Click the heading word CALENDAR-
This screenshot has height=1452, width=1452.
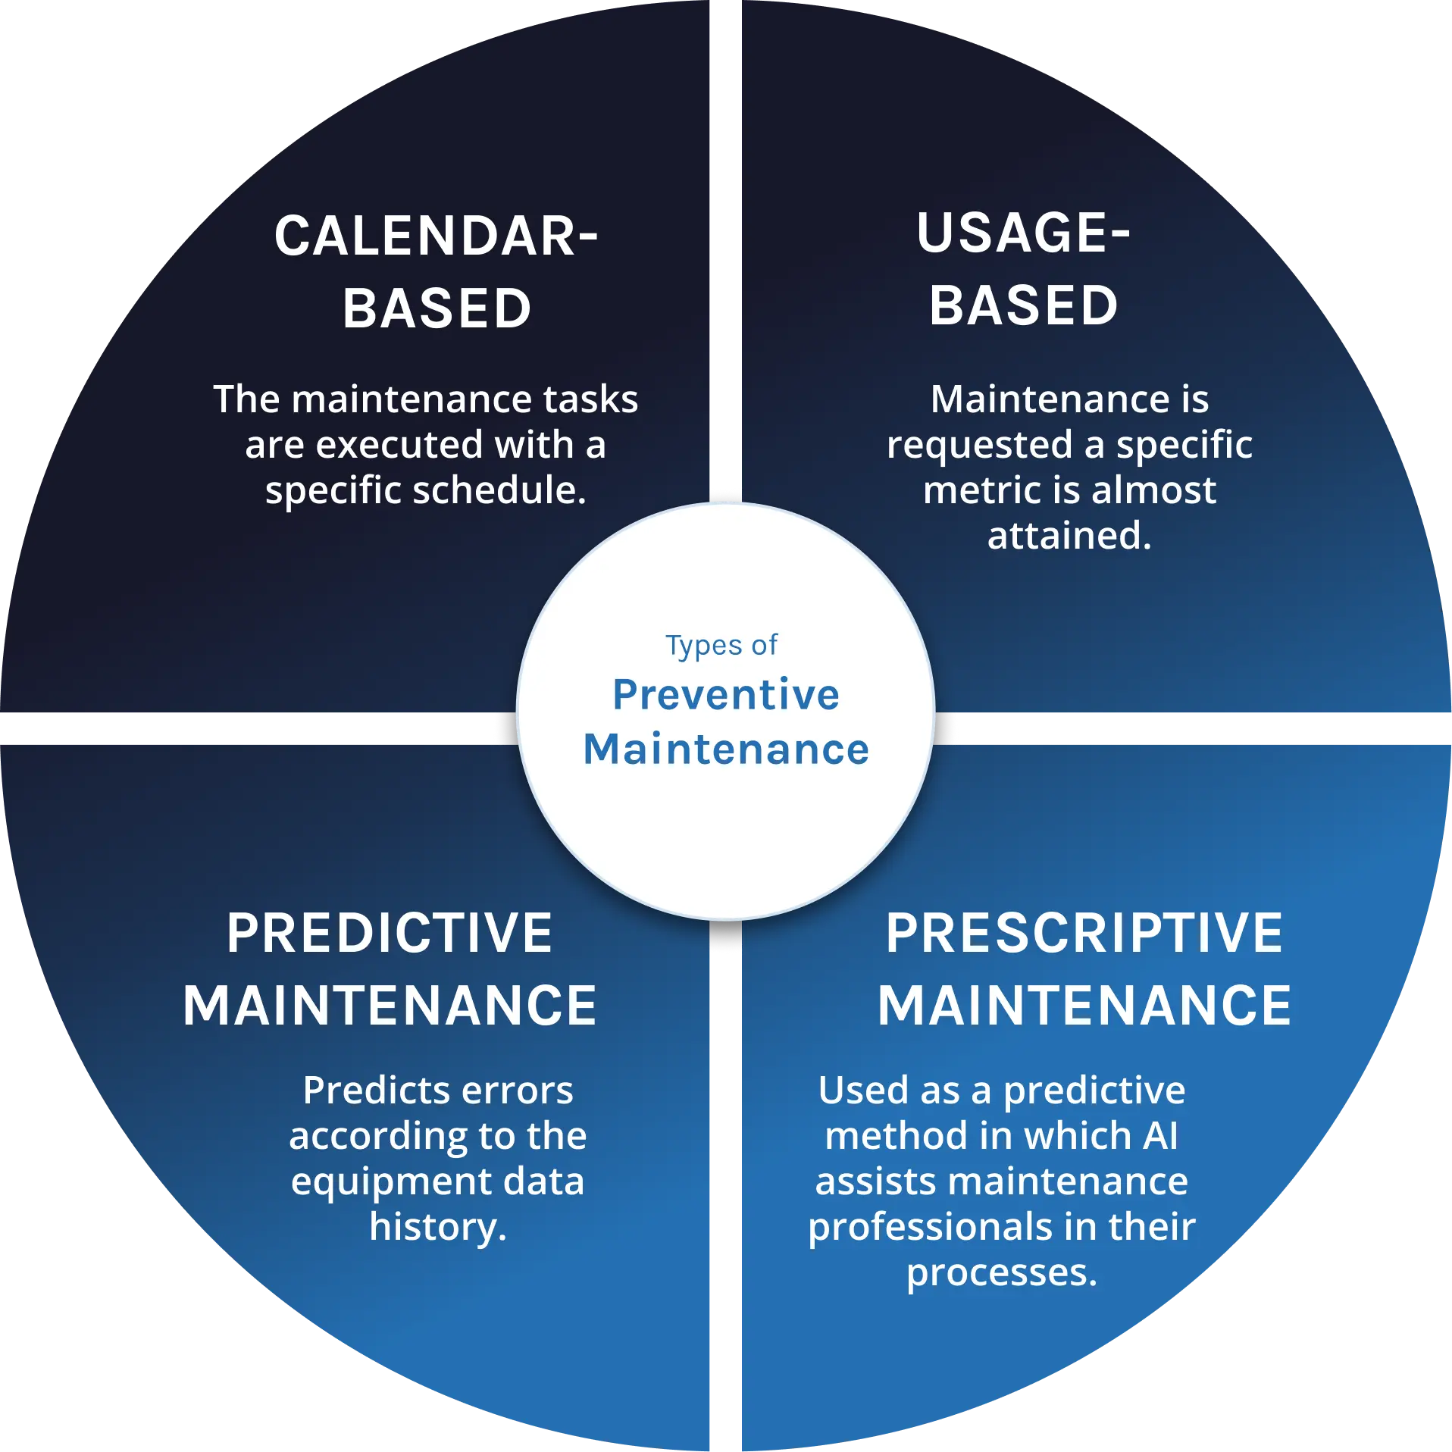[437, 236]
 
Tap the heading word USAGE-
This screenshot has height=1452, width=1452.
[1023, 233]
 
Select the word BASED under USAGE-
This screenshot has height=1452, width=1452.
[1024, 306]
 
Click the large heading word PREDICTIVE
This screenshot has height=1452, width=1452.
[390, 933]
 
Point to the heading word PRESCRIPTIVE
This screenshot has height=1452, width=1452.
[1084, 933]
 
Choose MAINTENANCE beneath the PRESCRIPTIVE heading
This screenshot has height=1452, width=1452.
[1084, 1006]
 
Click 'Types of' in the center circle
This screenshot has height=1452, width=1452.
[721, 646]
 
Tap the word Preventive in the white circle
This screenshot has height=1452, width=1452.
[726, 695]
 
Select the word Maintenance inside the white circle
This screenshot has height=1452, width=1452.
[726, 749]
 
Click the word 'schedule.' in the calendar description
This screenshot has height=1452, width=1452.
[500, 490]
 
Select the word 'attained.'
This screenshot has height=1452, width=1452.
[1069, 536]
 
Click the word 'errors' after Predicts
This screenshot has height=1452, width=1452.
[518, 1091]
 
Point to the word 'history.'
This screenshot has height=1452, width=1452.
[438, 1227]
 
